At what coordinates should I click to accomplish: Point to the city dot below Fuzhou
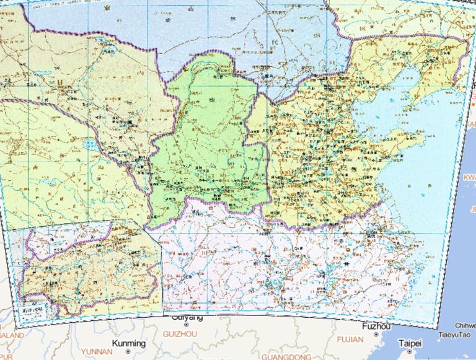pos(376,335)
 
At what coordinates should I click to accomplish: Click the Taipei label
pos(410,343)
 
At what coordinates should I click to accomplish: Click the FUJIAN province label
pos(350,340)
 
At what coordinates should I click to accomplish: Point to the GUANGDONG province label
pos(286,357)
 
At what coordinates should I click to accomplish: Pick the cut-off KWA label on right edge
pos(469,177)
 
